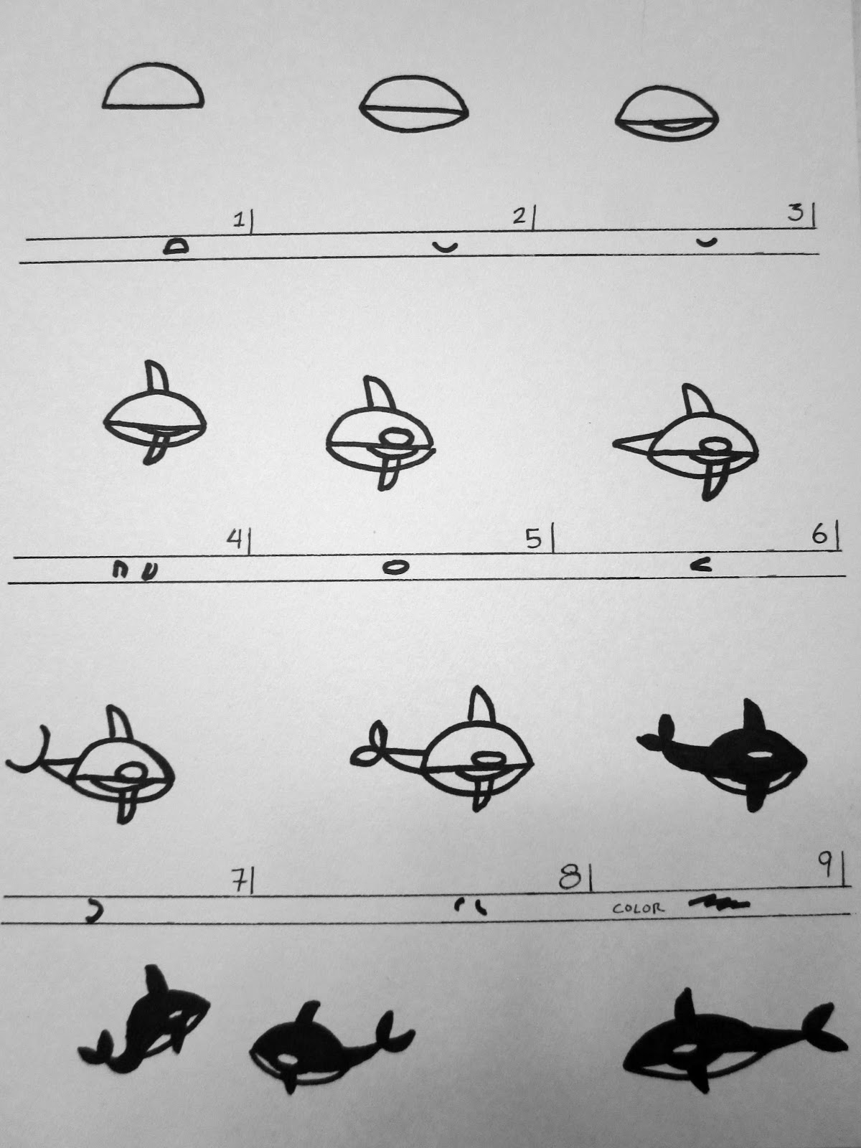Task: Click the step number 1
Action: point(238,221)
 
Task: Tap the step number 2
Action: point(519,217)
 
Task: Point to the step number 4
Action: point(234,540)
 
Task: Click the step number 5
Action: point(534,540)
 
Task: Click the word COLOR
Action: point(638,908)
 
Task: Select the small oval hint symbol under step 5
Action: point(395,567)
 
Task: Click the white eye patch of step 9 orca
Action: point(761,756)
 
